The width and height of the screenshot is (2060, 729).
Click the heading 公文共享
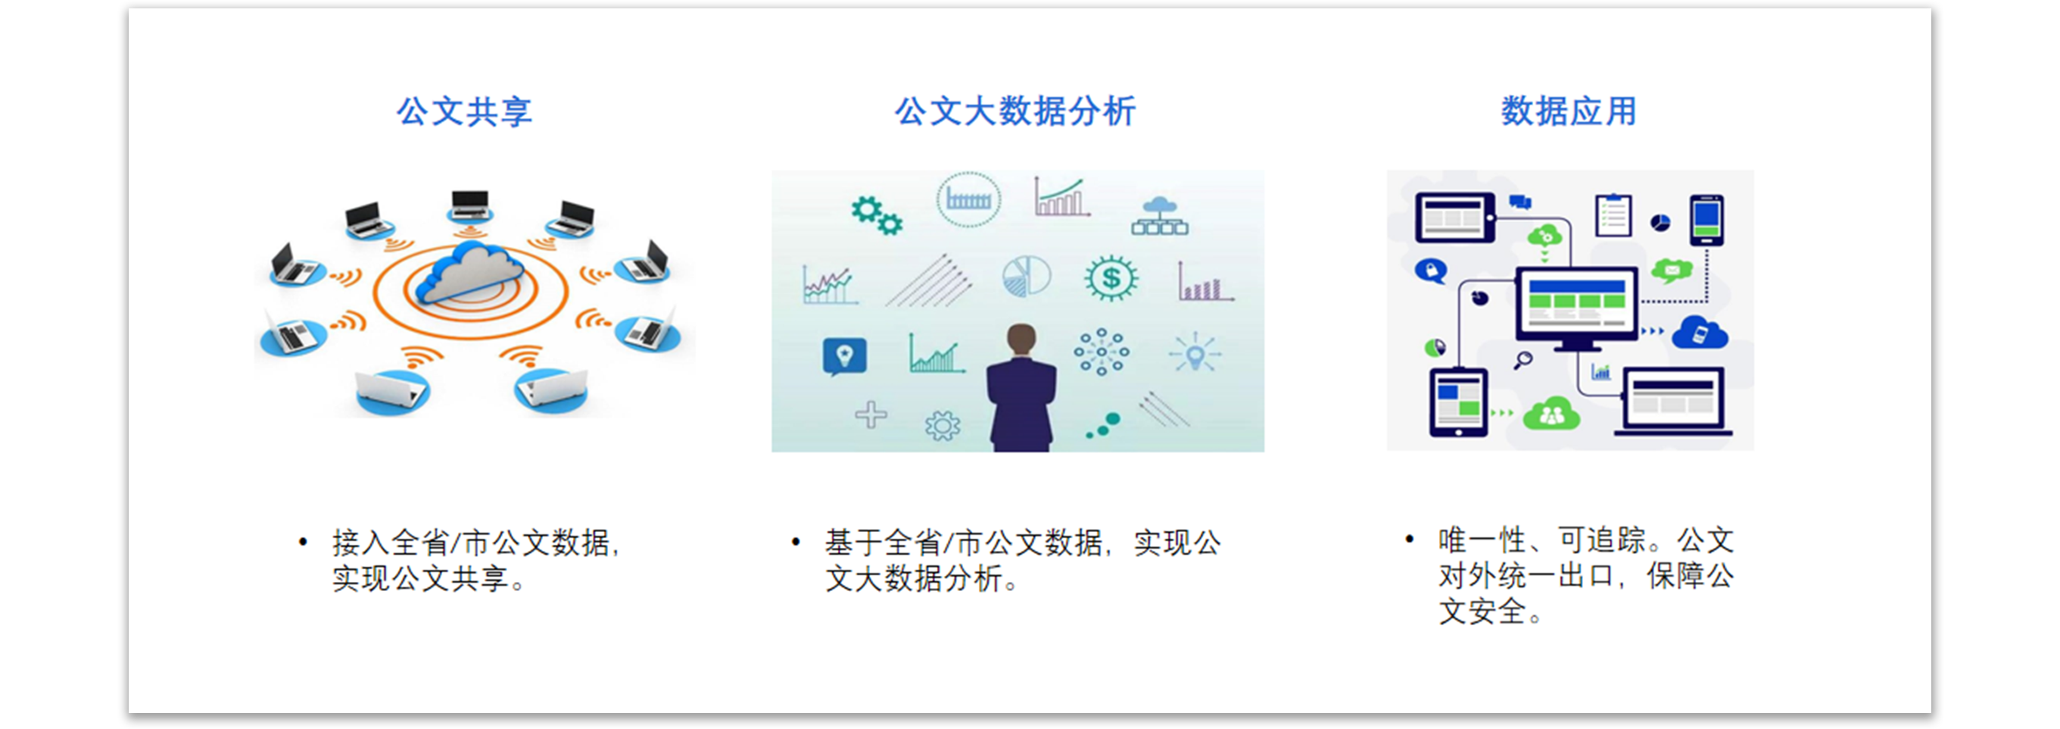[464, 111]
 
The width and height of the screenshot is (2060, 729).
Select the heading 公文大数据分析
[1014, 111]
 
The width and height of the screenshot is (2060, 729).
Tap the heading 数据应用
[1568, 111]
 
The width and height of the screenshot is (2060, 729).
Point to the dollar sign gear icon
[1111, 278]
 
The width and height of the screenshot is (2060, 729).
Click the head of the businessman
[1021, 339]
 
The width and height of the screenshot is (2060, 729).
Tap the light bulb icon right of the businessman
[1195, 354]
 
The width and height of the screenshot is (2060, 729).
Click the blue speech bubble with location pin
[844, 355]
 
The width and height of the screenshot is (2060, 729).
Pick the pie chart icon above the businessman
[1026, 277]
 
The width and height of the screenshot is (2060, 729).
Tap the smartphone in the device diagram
[1706, 219]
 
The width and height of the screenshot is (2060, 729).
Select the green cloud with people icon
[1551, 414]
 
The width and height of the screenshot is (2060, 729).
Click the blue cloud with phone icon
[1700, 333]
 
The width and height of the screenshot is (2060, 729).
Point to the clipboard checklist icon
[1613, 215]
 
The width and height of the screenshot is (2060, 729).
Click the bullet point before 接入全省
[302, 543]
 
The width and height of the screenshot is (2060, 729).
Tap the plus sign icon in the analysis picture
[871, 415]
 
